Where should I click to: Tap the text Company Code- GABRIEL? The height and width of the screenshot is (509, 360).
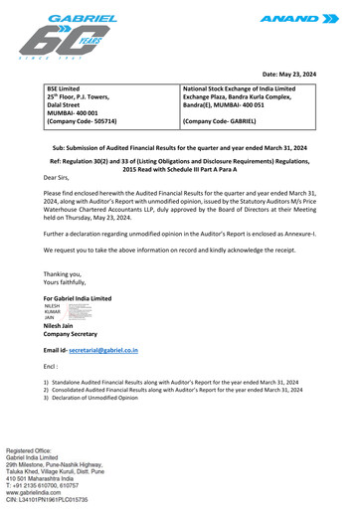pyautogui.click(x=220, y=121)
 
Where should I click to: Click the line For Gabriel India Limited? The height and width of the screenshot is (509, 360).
pyautogui.click(x=78, y=298)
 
